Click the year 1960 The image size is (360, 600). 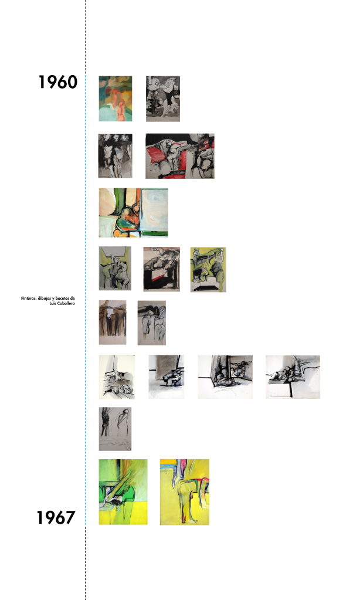[58, 82]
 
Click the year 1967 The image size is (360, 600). [56, 517]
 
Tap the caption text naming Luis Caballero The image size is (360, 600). [48, 301]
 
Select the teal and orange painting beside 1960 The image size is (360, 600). [116, 99]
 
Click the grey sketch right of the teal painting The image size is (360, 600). [163, 99]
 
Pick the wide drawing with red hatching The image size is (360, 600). [180, 156]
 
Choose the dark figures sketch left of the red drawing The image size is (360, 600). [115, 156]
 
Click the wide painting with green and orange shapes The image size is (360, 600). [133, 212]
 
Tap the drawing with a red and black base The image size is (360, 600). [161, 269]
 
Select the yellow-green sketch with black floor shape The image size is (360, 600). [208, 269]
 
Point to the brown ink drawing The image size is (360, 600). [113, 322]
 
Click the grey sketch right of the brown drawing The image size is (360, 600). [152, 323]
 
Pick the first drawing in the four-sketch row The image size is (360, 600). [117, 377]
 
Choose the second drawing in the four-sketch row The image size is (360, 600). [167, 377]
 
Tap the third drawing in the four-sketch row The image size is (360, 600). [225, 377]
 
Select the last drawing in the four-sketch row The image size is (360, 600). [293, 377]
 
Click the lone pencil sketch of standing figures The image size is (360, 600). [115, 429]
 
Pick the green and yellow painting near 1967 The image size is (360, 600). [123, 491]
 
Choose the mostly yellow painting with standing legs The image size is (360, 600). [185, 492]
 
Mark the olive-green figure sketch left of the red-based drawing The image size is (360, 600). [115, 268]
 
